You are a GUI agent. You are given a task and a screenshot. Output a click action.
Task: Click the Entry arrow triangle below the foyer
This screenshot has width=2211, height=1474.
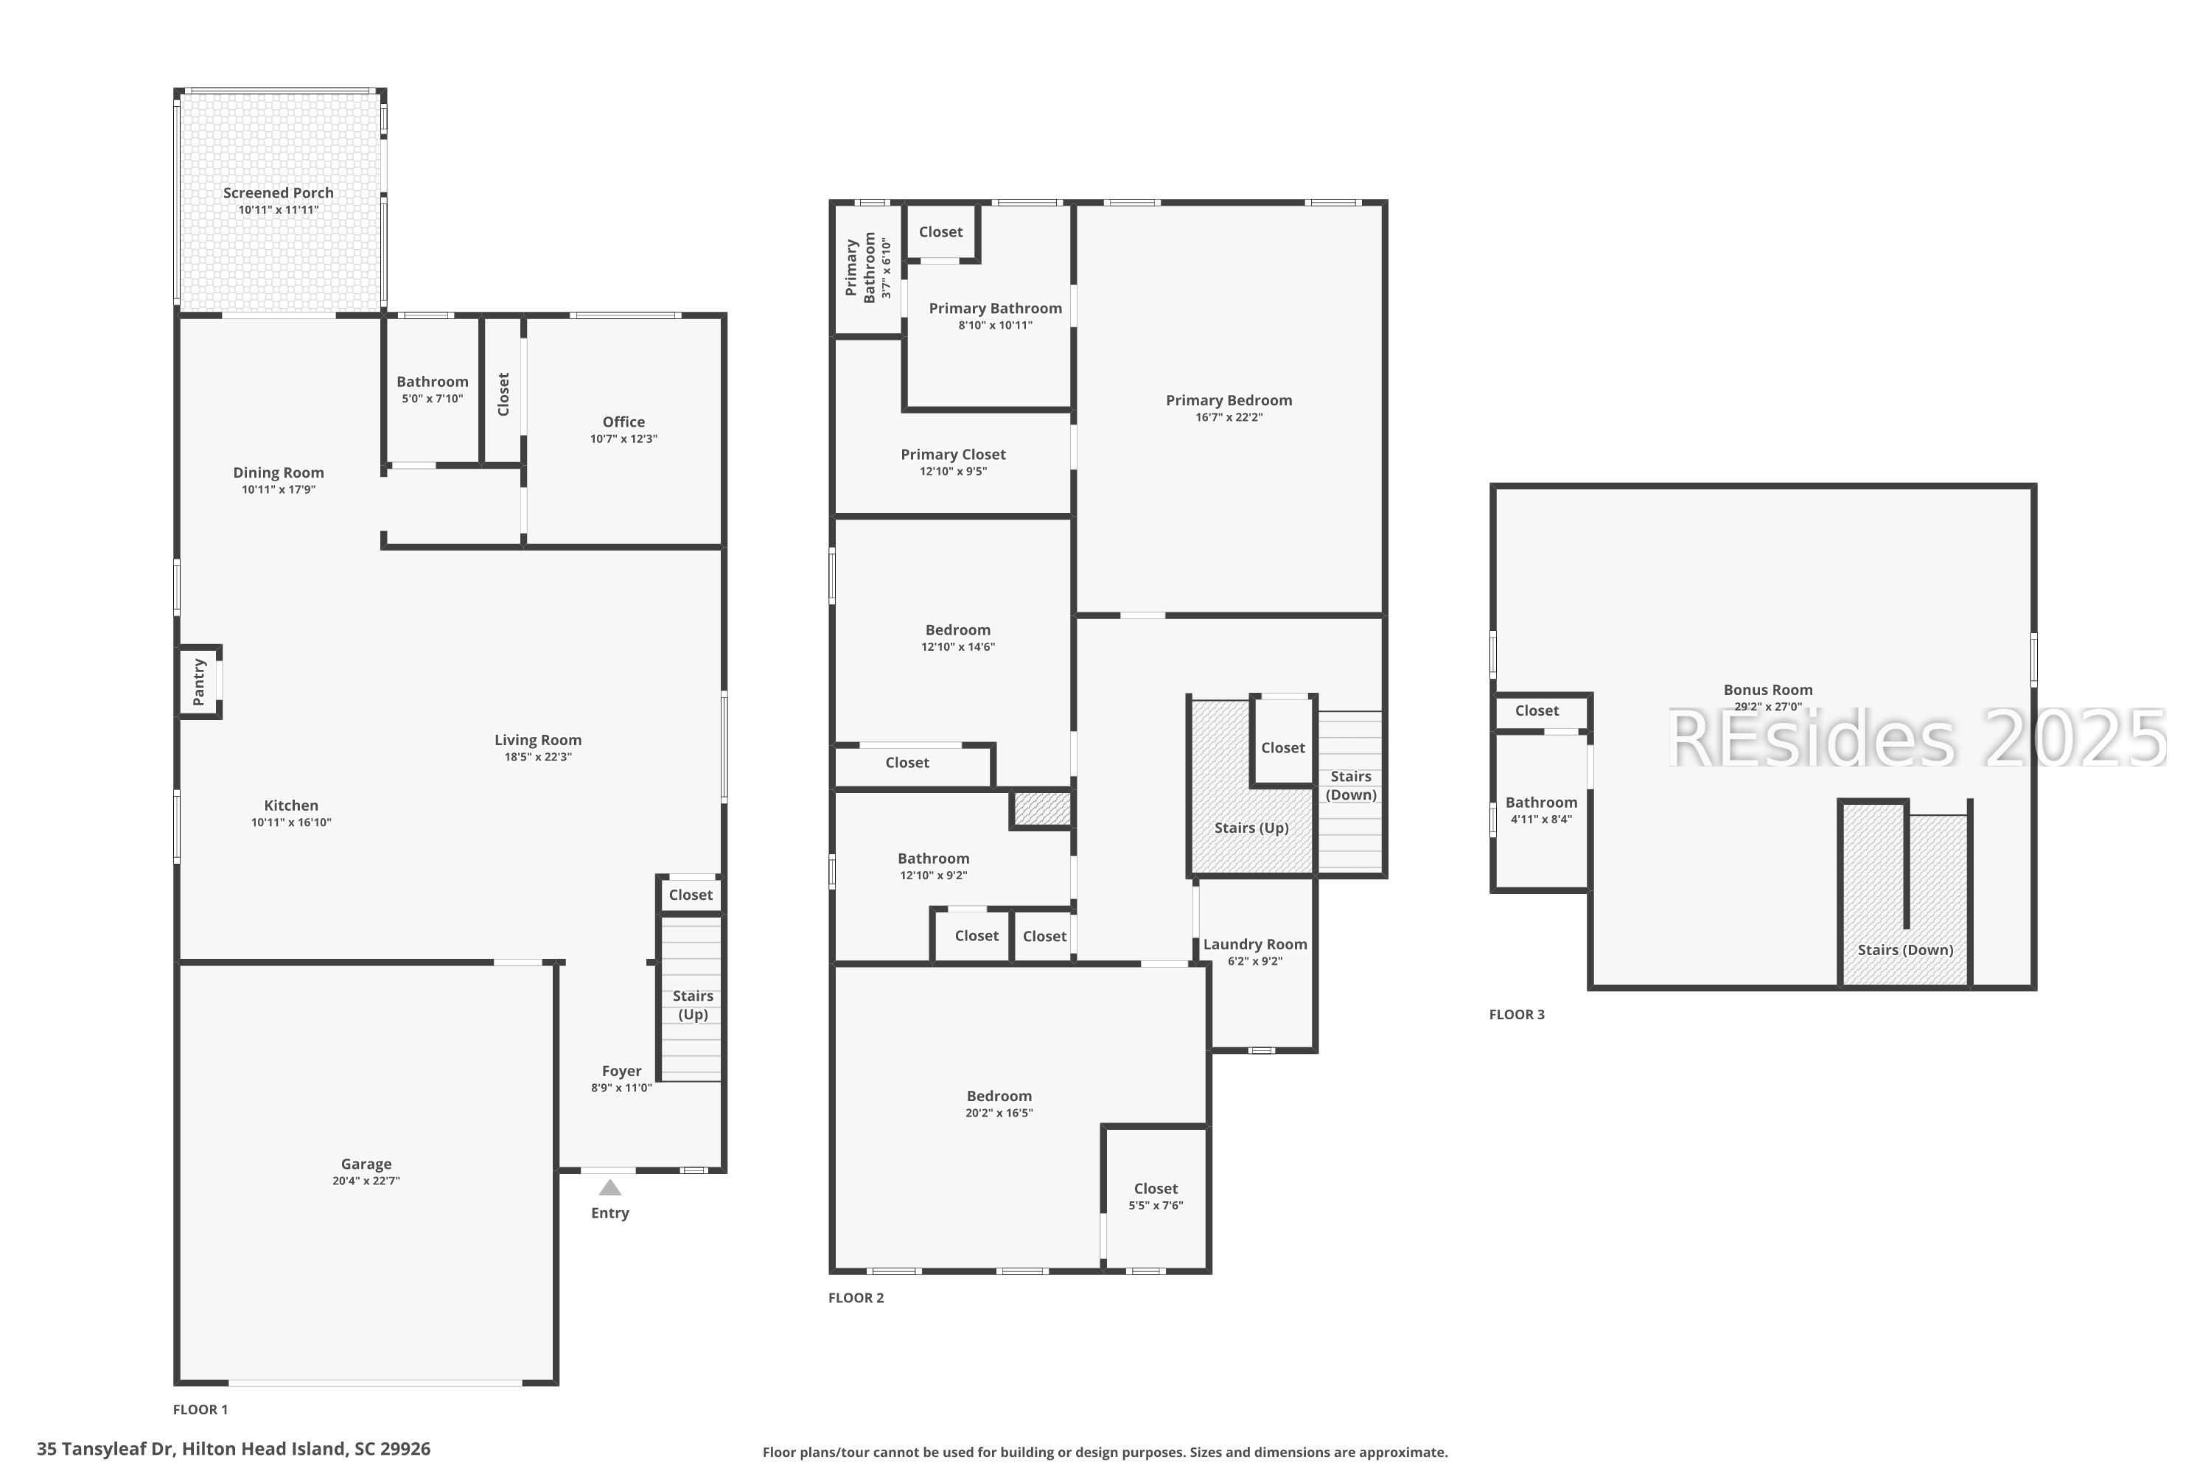pos(610,1187)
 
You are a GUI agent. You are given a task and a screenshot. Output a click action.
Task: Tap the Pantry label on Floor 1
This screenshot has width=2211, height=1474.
pos(198,682)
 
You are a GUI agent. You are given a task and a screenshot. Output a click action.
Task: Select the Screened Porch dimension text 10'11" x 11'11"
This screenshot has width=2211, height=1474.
pos(279,209)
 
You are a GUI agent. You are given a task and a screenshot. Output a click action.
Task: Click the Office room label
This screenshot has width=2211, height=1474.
pos(624,422)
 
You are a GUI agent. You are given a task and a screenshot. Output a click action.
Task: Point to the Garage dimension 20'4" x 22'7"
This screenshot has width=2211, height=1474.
pos(366,1181)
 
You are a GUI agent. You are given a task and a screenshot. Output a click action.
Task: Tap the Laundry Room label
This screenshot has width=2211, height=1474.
pos(1255,944)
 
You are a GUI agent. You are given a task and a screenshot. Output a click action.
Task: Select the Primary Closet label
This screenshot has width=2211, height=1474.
pos(953,454)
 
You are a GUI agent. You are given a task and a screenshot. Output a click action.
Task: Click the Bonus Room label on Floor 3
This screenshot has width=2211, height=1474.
pos(1767,689)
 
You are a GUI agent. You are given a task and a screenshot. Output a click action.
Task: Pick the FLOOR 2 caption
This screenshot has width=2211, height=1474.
pos(856,1297)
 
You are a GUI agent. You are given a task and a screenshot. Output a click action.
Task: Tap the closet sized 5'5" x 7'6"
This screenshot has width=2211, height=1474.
pos(1156,1197)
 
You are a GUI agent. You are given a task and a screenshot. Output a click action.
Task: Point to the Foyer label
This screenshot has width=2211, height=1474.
pos(621,1071)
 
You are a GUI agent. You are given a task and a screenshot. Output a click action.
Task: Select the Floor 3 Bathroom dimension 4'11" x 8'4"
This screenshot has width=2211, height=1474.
pos(1541,819)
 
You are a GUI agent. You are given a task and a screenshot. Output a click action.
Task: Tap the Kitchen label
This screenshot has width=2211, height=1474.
pos(290,805)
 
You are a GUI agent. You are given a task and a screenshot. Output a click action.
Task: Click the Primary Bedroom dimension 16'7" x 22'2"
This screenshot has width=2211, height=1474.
pos(1229,417)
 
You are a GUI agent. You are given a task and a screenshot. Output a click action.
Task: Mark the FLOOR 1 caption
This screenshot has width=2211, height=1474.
pos(200,1409)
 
